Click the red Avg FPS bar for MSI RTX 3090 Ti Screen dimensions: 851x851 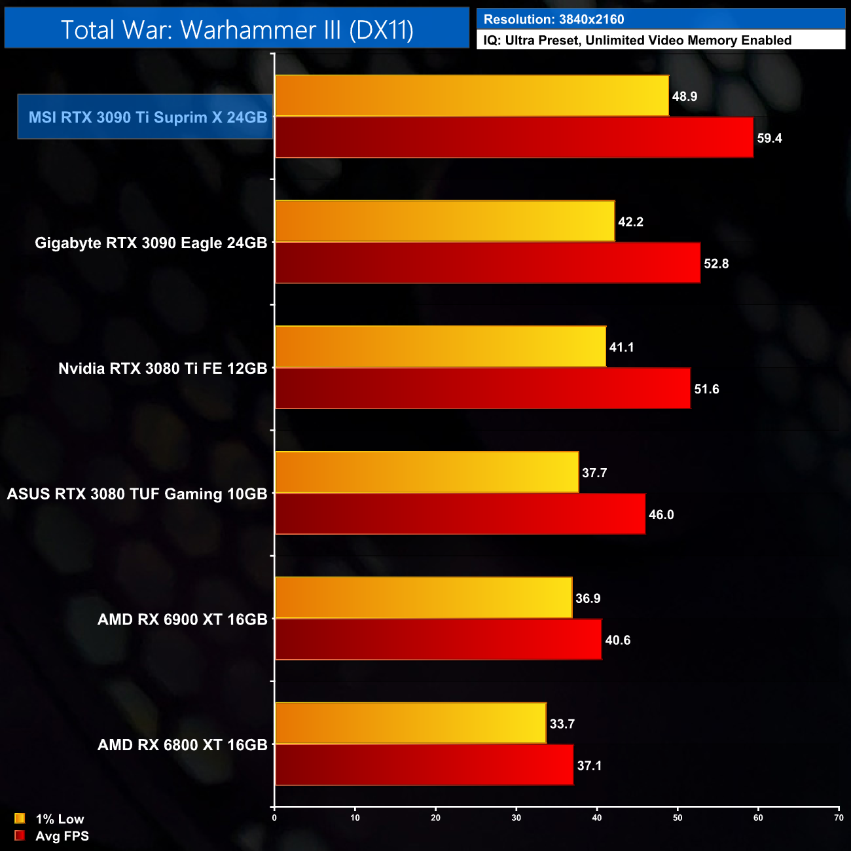pyautogui.click(x=514, y=137)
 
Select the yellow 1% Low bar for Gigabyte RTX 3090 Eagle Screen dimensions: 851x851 pyautogui.click(x=445, y=221)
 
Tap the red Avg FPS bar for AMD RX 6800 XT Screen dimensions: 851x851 pyautogui.click(x=424, y=765)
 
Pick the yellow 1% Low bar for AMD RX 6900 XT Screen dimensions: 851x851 pyautogui.click(x=424, y=597)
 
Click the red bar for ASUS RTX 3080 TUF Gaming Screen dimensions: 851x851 pyautogui.click(x=460, y=514)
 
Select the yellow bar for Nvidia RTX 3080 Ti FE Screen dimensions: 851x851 pyautogui.click(x=441, y=346)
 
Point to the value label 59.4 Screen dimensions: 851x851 pyautogui.click(x=769, y=138)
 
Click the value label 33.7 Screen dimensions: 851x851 pyautogui.click(x=562, y=723)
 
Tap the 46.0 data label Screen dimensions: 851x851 pyautogui.click(x=661, y=515)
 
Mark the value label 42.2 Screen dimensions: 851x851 pyautogui.click(x=630, y=222)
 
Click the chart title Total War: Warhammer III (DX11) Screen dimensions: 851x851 pyautogui.click(x=237, y=29)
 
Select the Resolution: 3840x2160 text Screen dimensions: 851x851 pyautogui.click(x=554, y=20)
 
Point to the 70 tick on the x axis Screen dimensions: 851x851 pyautogui.click(x=839, y=818)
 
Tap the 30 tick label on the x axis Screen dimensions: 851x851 pyautogui.click(x=516, y=818)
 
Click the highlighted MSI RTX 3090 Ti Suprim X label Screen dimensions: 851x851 pyautogui.click(x=147, y=117)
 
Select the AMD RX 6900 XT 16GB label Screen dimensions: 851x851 pyautogui.click(x=182, y=619)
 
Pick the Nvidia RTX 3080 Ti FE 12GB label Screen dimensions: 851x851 pyautogui.click(x=162, y=369)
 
